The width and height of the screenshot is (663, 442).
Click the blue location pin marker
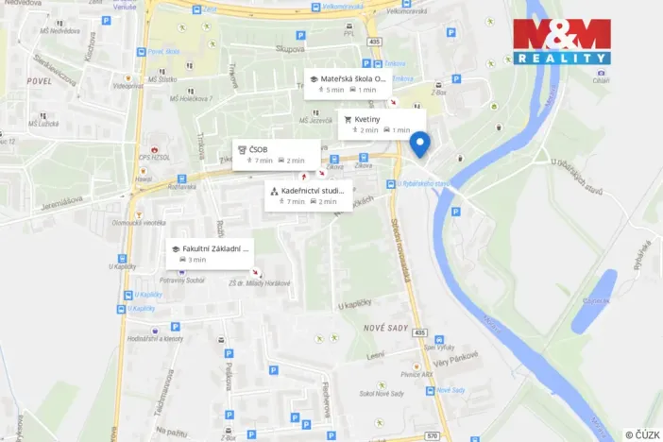click(420, 144)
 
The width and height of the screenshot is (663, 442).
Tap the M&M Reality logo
click(561, 42)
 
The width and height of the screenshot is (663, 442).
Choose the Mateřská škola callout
click(347, 83)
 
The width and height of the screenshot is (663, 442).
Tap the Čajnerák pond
click(595, 300)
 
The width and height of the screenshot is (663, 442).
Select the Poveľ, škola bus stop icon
click(143, 53)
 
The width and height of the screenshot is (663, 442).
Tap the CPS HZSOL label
click(155, 157)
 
